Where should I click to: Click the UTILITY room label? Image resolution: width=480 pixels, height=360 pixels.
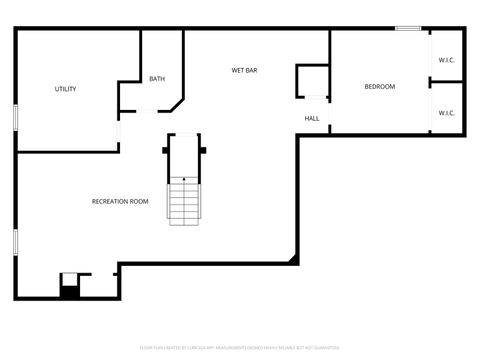(65, 89)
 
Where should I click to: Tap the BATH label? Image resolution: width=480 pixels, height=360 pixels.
(157, 79)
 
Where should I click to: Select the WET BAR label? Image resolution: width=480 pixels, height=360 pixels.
(245, 70)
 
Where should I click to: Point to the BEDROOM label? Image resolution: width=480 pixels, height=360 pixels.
(379, 87)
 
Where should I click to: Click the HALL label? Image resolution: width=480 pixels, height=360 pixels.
(312, 118)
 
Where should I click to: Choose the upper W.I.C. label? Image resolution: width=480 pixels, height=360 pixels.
(446, 60)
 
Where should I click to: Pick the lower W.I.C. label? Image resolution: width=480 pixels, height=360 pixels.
(446, 112)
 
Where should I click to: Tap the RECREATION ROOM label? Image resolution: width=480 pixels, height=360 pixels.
(120, 201)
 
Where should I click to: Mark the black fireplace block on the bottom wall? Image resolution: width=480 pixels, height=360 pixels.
(69, 291)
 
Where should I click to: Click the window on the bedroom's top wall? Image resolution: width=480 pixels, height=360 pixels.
(407, 29)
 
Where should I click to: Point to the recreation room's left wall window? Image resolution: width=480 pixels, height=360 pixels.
(16, 243)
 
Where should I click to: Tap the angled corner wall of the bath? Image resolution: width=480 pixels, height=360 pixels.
(178, 104)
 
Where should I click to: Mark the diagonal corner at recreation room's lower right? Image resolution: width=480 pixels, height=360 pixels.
(293, 259)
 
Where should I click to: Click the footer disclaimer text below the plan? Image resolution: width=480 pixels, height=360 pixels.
(239, 348)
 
